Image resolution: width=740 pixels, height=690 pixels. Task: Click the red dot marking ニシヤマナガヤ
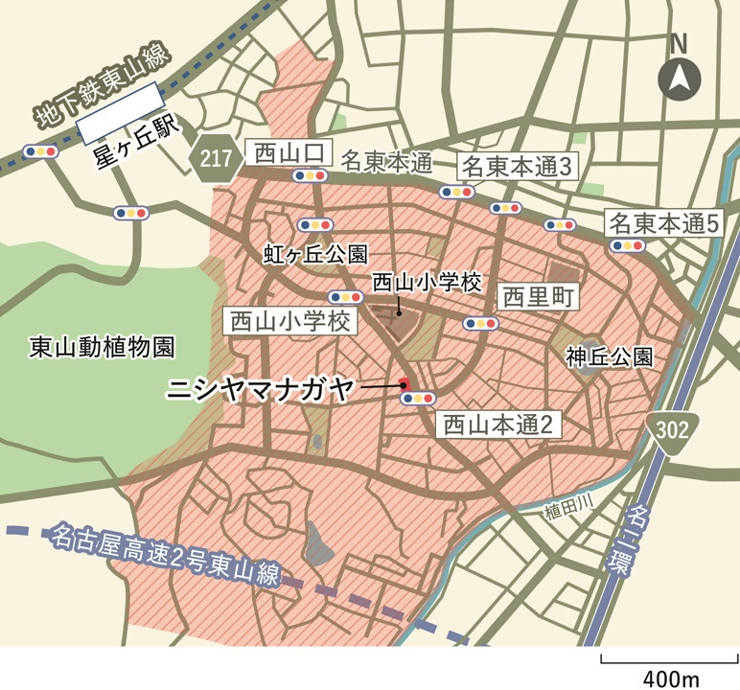[x=405, y=385]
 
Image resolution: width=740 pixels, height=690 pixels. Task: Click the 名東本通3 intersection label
[x=518, y=166]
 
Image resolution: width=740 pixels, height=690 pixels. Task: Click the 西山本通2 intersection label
[x=498, y=425]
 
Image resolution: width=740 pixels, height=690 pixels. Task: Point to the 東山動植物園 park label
[x=91, y=346]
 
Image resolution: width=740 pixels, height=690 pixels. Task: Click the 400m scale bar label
[x=671, y=678]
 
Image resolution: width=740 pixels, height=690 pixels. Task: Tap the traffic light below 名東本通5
[x=628, y=245]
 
